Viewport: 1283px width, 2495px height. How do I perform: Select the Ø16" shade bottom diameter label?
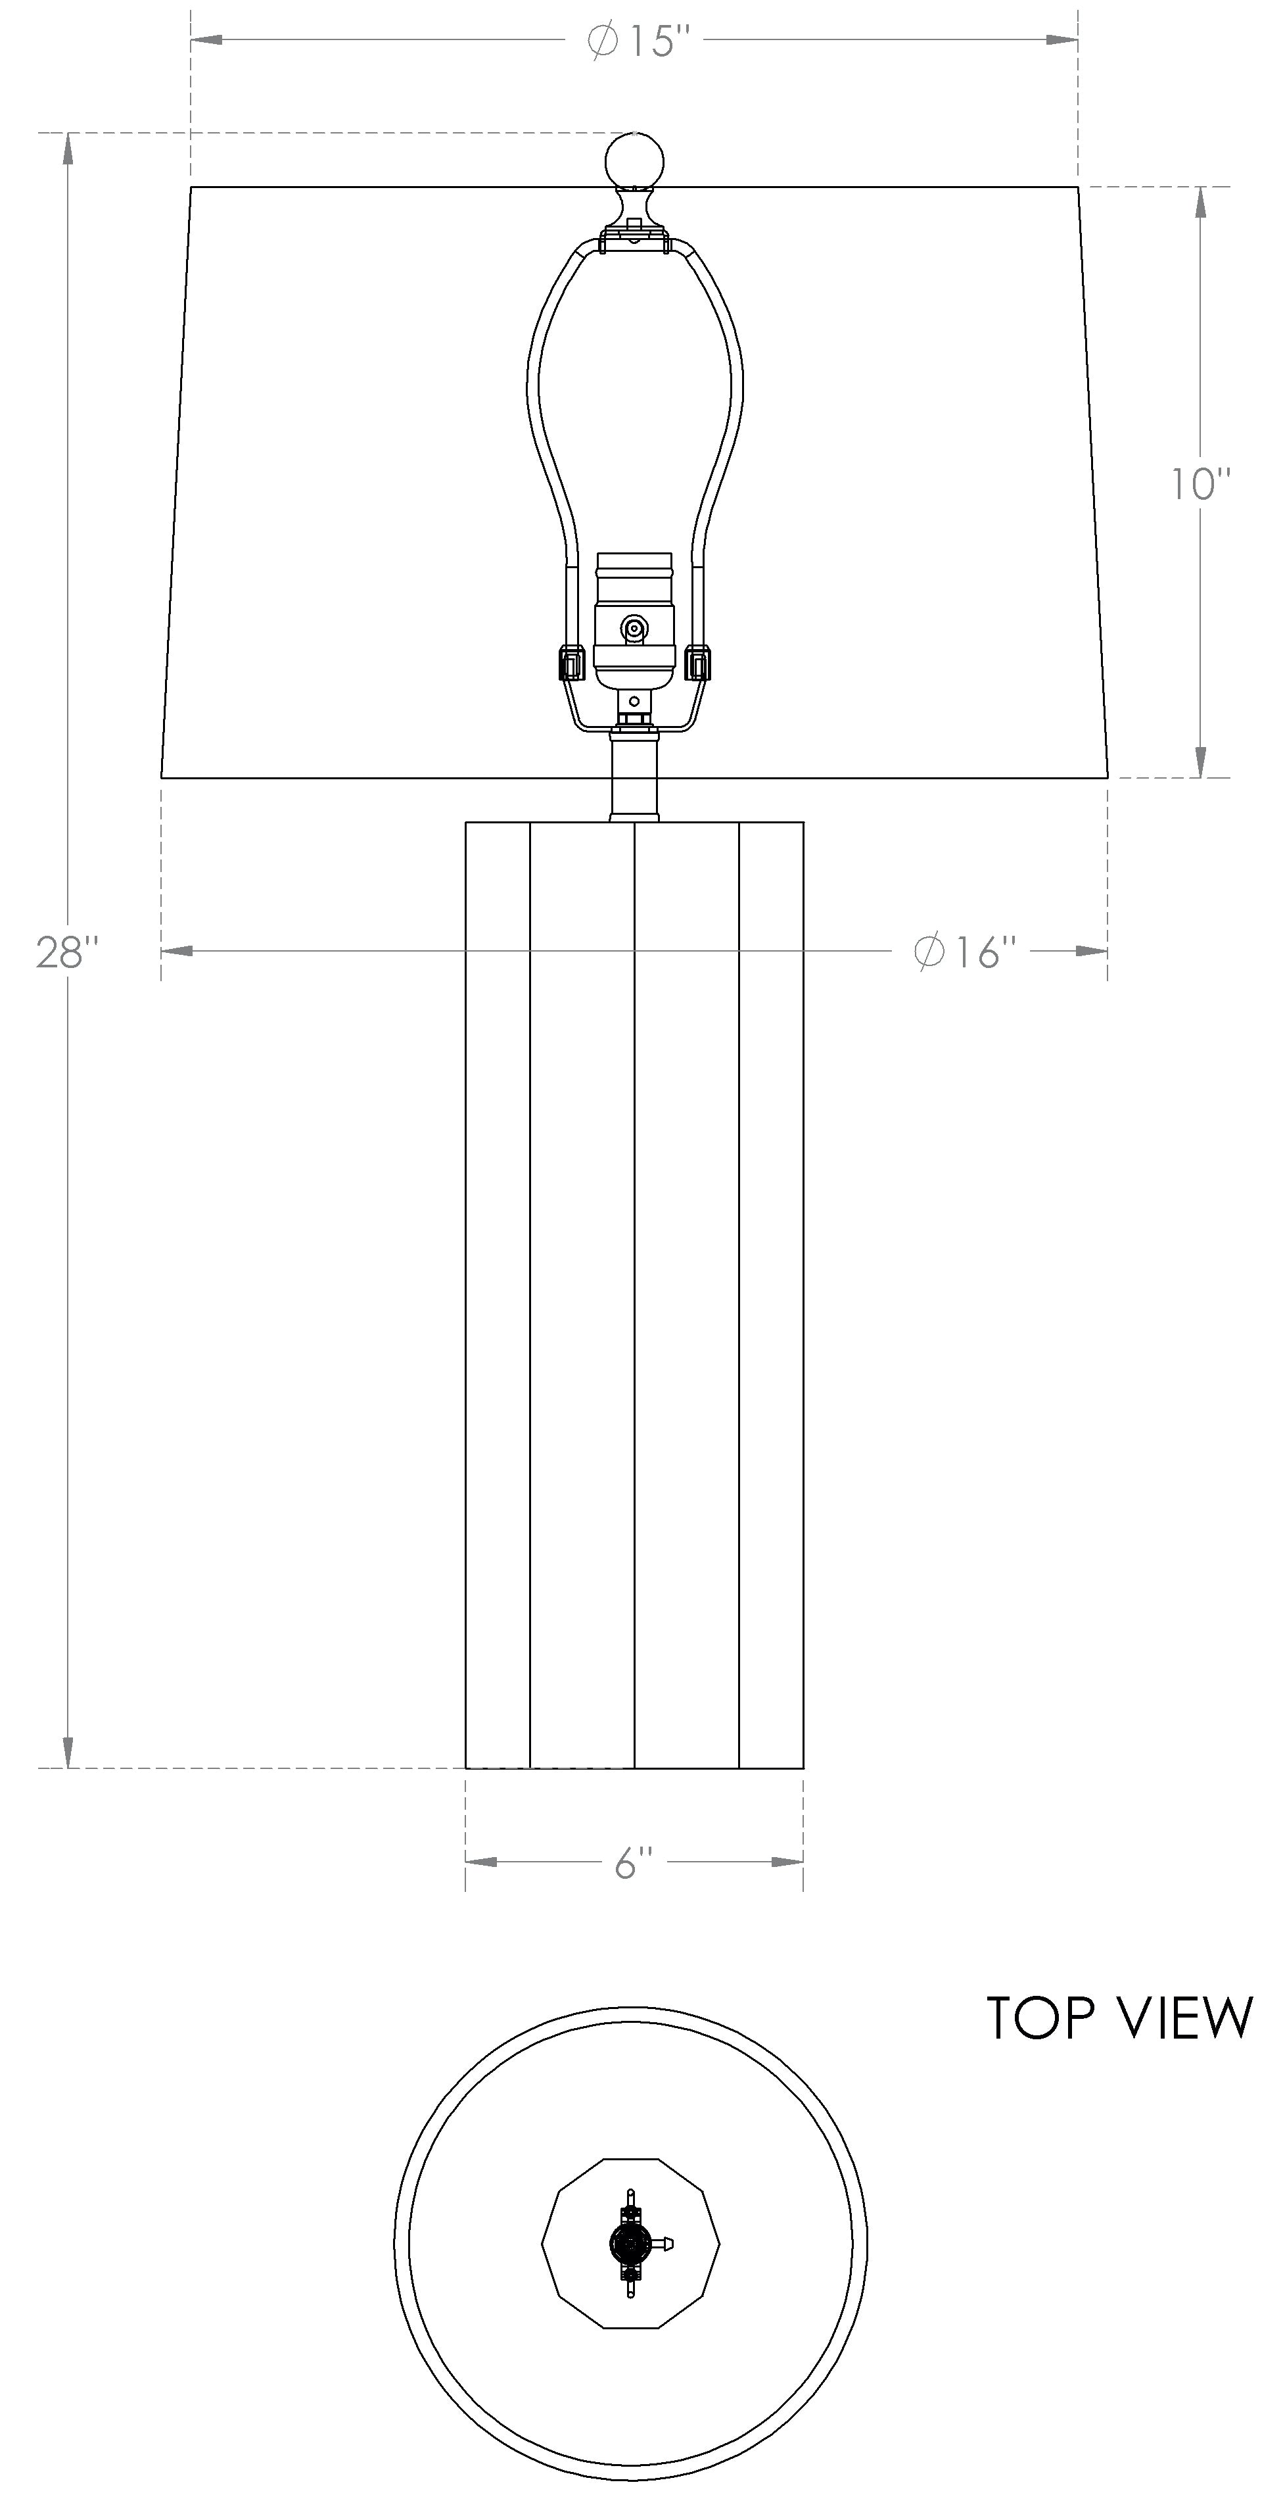click(x=966, y=952)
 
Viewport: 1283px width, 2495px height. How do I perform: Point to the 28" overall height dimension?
click(x=68, y=952)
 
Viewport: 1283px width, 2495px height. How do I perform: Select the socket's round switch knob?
click(x=634, y=629)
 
